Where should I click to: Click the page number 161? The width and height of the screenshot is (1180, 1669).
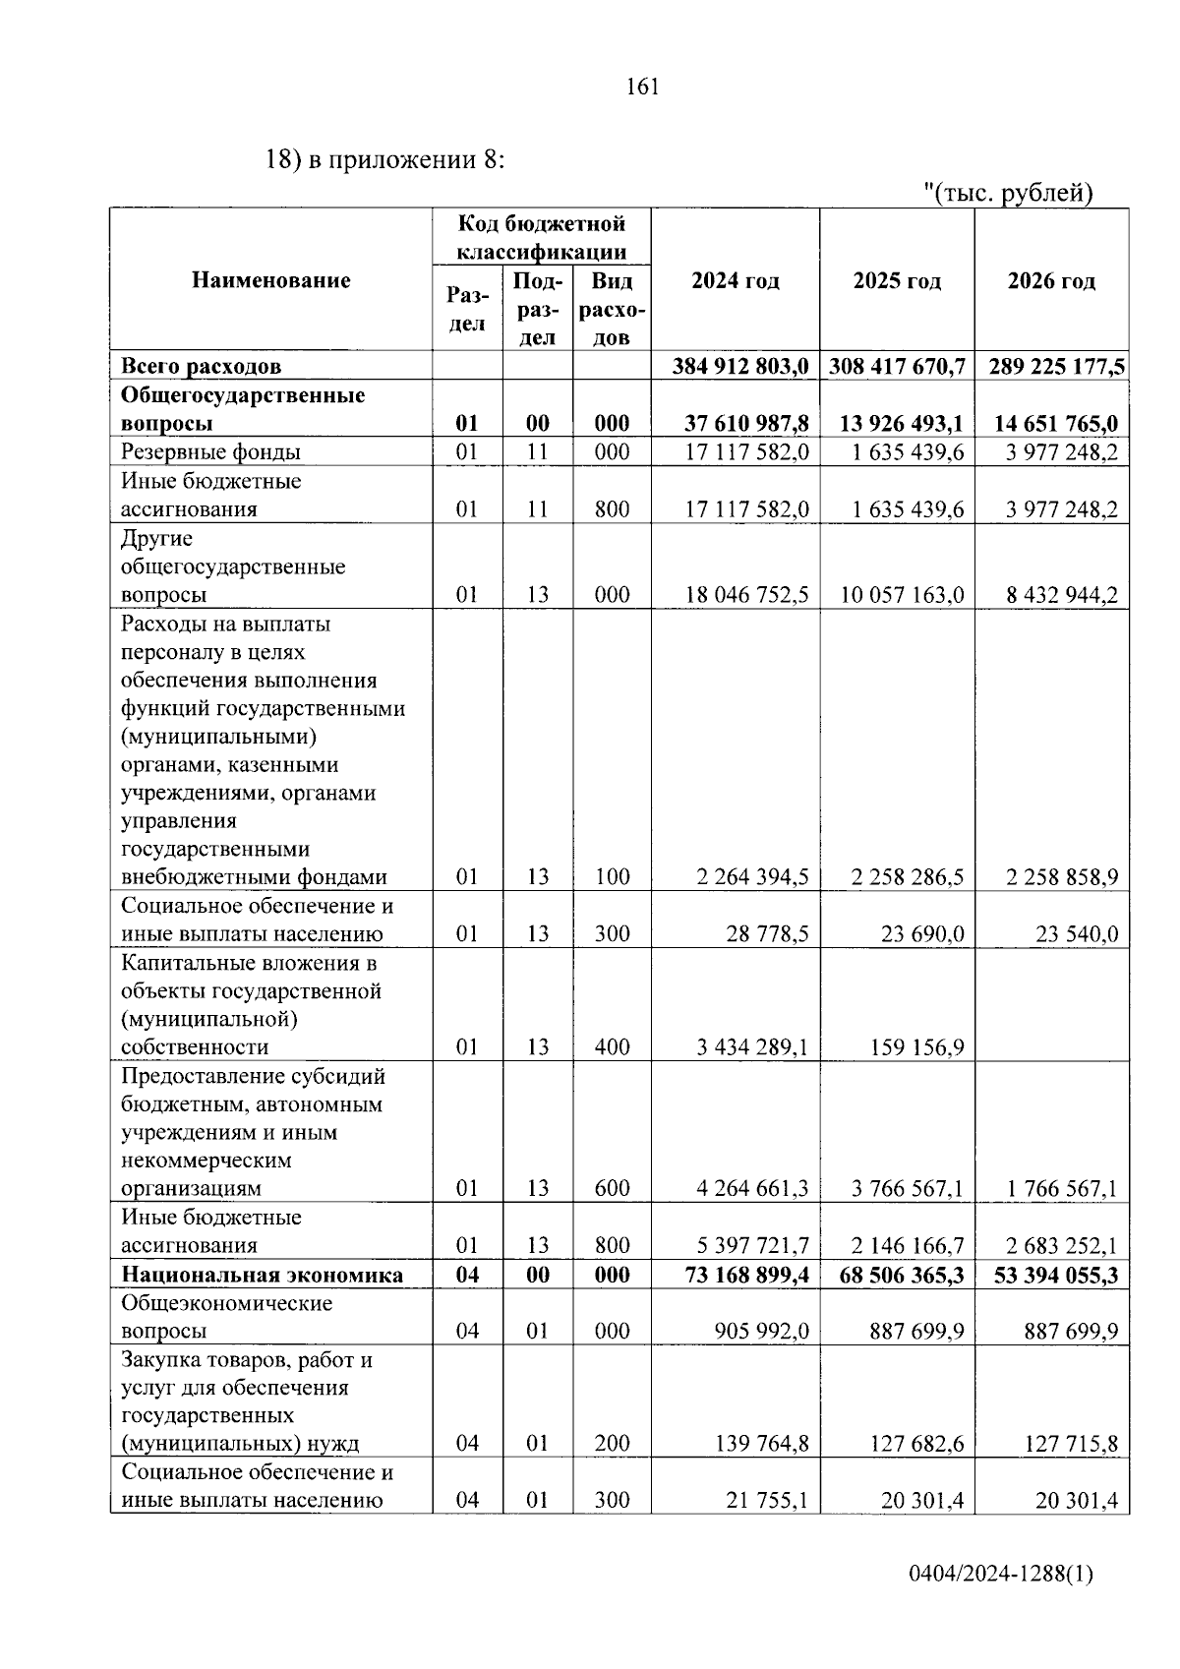point(641,87)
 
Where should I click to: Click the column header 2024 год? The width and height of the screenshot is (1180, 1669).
point(735,281)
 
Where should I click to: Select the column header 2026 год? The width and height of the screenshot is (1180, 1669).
point(1050,281)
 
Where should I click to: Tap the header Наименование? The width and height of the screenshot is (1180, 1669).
point(270,281)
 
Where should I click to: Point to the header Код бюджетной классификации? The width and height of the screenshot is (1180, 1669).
point(542,238)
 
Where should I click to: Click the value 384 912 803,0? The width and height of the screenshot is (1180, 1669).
point(741,367)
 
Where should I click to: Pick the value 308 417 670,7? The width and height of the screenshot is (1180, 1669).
point(897,367)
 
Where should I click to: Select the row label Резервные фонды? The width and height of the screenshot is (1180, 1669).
point(210,452)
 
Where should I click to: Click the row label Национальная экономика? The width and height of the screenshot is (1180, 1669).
point(262,1276)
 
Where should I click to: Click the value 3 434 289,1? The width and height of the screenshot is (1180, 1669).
point(752,1047)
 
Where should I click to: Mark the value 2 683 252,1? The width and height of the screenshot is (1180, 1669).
point(1062,1246)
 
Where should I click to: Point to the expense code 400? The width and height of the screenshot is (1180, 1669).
point(612,1047)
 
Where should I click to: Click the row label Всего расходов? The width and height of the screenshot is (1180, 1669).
point(201,367)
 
